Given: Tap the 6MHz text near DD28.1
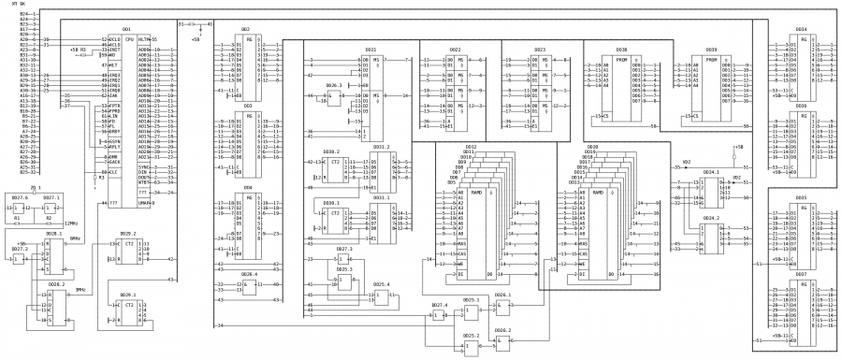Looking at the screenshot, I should coord(75,238).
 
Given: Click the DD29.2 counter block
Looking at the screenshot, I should coord(129,252).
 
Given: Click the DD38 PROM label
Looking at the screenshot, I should coord(620,49).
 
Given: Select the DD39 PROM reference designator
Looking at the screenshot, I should coord(711,49).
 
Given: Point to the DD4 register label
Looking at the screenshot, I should coord(247,188).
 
